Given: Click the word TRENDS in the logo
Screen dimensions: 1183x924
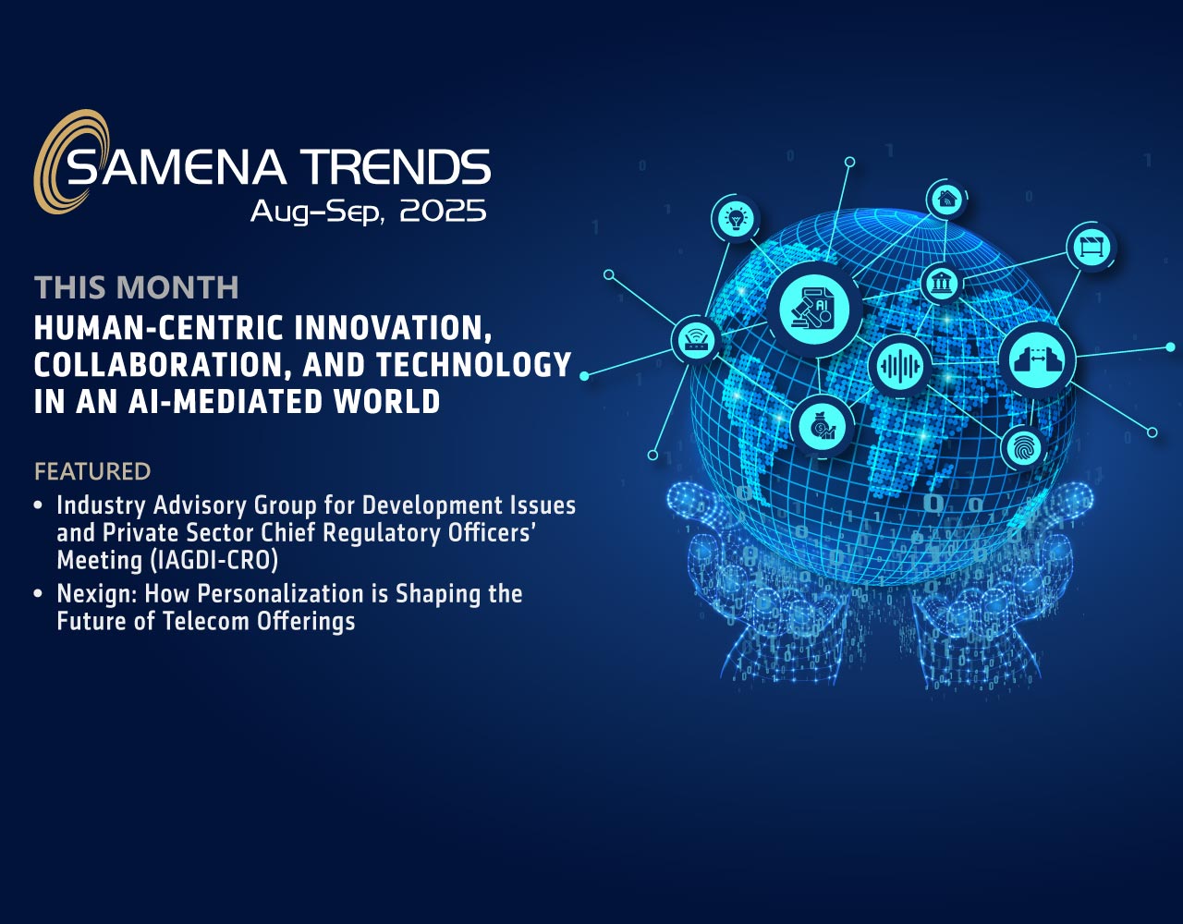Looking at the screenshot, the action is coord(396,166).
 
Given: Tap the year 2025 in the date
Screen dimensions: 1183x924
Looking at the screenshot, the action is coord(443,211).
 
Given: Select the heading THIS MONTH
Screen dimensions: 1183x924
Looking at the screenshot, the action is coord(137,287).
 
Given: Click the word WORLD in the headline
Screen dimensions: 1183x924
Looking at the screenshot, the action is coord(387,401).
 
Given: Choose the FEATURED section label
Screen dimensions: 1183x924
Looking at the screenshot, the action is coord(92,471).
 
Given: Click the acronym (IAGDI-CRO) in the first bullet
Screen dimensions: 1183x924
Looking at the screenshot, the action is coord(213,560).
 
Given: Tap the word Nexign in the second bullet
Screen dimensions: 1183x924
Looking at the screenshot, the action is coord(97,594).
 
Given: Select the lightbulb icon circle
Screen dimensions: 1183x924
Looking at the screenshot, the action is coord(736,219).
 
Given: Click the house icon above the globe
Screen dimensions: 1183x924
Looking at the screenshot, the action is coord(947,200).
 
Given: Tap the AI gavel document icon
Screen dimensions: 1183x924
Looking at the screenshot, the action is coord(814,310).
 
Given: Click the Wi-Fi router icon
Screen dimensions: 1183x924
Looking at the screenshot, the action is coord(696,341).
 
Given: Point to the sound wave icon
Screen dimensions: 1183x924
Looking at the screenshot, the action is coord(900,366).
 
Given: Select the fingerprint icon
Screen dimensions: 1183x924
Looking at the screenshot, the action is coord(1024,448).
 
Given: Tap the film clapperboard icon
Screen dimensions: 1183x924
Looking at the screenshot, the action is coord(1092,247).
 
